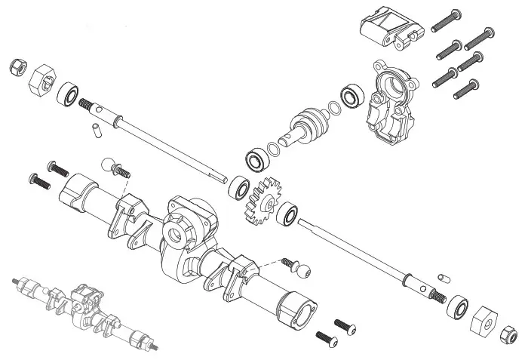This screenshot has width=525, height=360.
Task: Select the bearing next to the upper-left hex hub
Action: [69, 94]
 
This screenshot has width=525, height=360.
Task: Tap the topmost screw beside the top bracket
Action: [447, 18]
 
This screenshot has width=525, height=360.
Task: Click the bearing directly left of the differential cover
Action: [351, 95]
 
